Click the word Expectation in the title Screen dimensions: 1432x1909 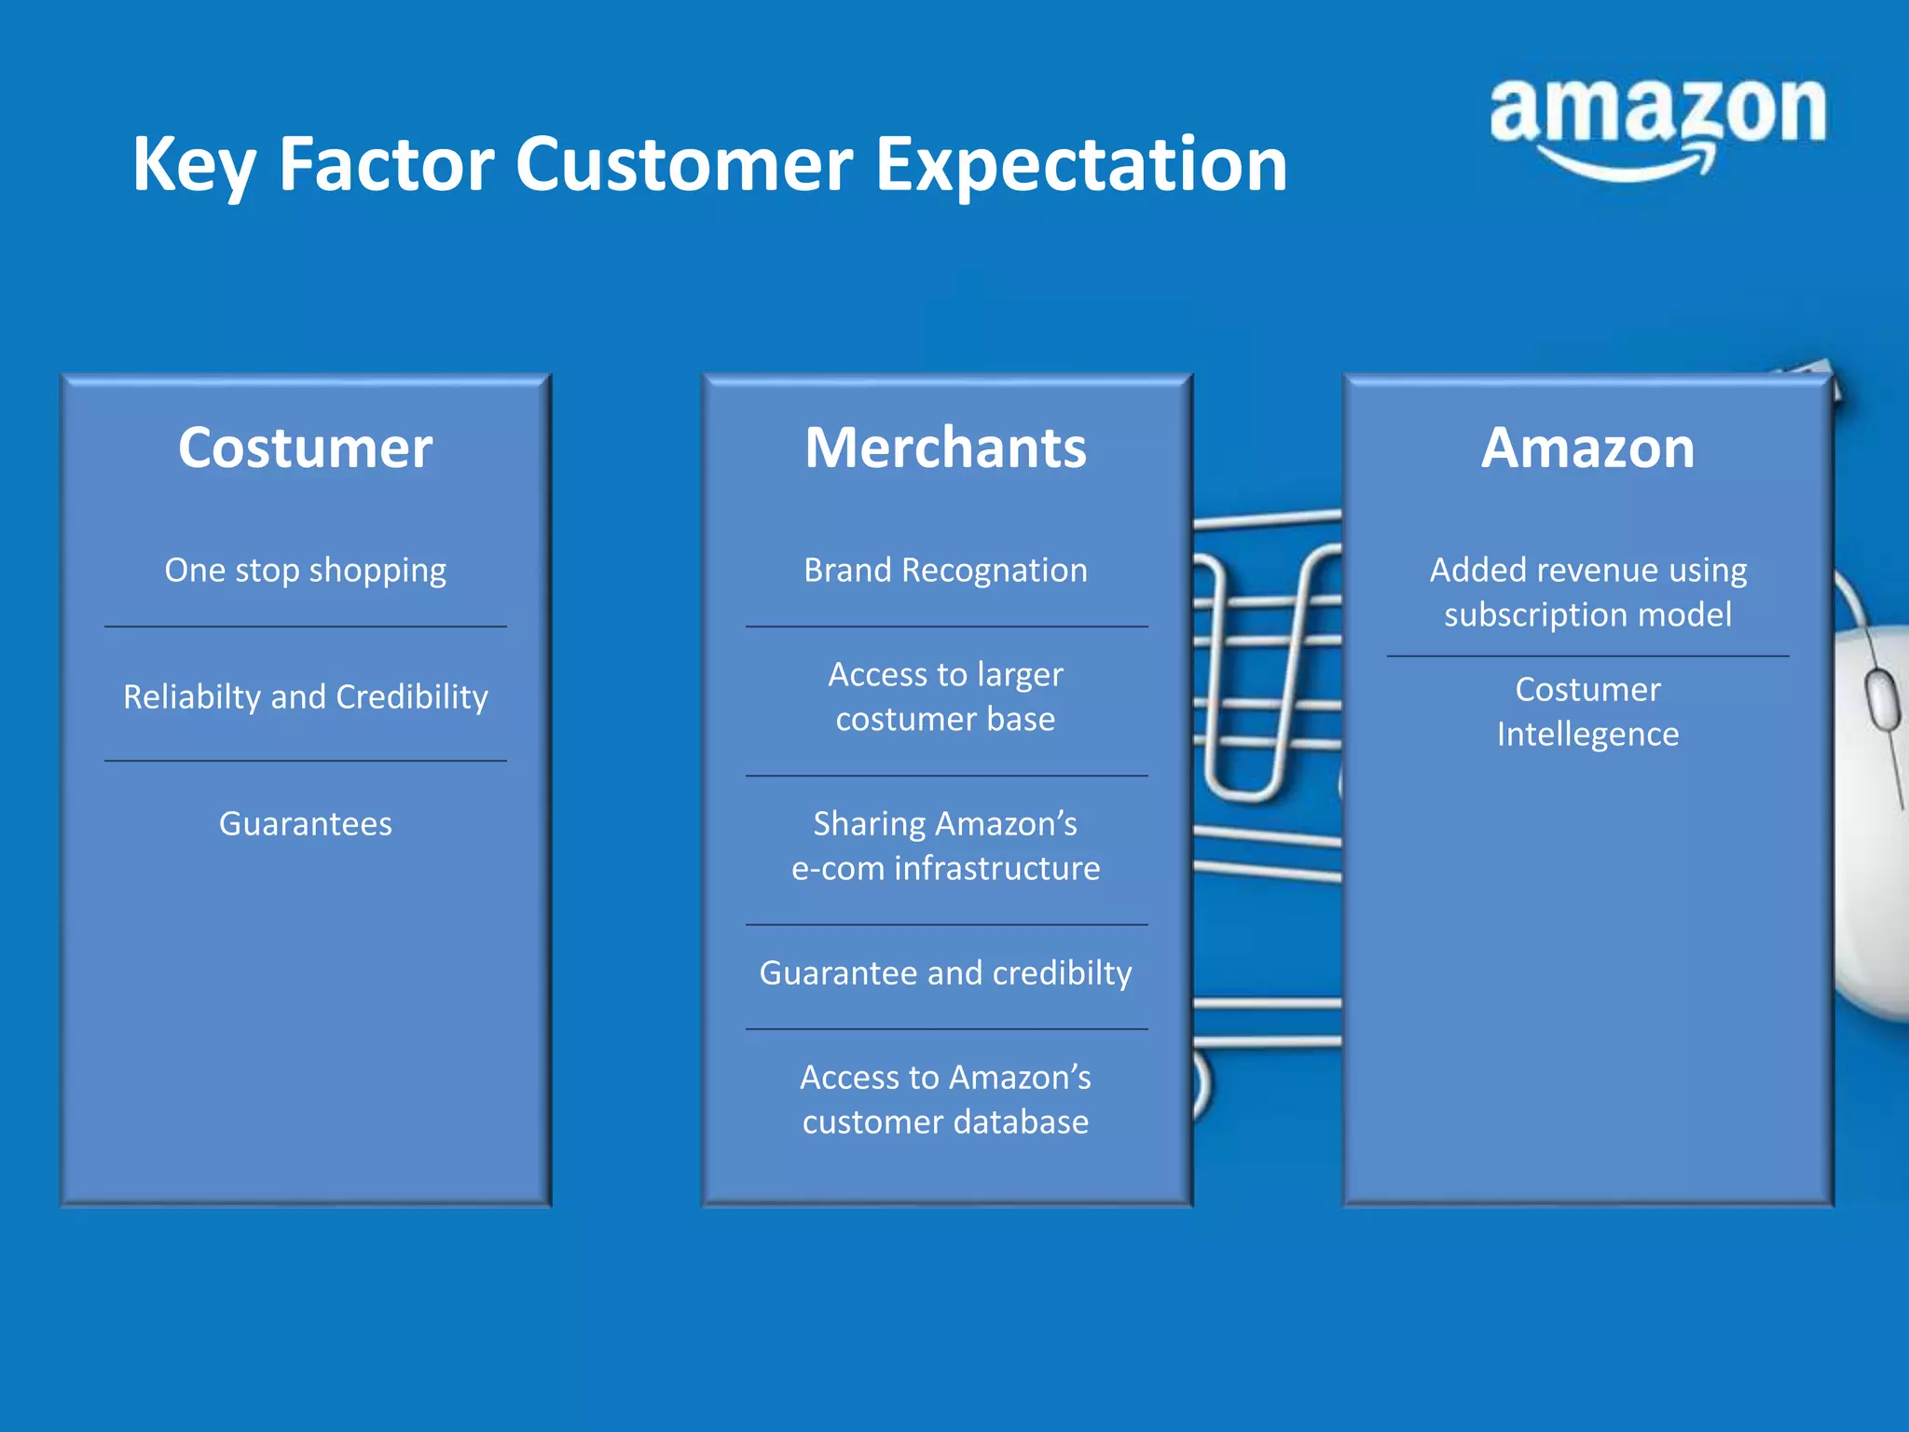(x=1081, y=165)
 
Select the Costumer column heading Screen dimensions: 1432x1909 (x=306, y=448)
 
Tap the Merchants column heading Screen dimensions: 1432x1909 (x=945, y=448)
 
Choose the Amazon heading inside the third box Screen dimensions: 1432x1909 (x=1587, y=448)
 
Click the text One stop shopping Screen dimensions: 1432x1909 (x=306, y=570)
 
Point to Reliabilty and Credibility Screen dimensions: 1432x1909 (x=306, y=696)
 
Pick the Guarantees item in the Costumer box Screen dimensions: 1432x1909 (x=306, y=823)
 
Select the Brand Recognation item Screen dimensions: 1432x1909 (x=945, y=570)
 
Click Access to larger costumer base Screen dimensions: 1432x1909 (x=945, y=696)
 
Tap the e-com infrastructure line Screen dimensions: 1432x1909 (x=945, y=868)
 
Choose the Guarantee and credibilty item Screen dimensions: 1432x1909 (x=945, y=972)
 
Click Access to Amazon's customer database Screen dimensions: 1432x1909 (x=945, y=1099)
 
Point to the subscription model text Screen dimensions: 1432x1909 (x=1587, y=614)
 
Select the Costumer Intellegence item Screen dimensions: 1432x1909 (x=1587, y=711)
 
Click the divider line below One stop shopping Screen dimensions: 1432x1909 (x=306, y=626)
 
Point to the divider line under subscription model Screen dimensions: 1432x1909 (x=1587, y=656)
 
